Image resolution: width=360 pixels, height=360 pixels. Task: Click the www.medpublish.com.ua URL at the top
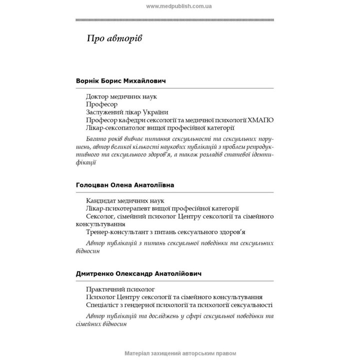point(179,6)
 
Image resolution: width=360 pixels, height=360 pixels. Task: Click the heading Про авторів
point(114,39)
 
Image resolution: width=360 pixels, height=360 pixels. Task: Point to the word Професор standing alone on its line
point(101,104)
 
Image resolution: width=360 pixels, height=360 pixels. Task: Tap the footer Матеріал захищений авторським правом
point(179,353)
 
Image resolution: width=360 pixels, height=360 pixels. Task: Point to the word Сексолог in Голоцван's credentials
point(100,216)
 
